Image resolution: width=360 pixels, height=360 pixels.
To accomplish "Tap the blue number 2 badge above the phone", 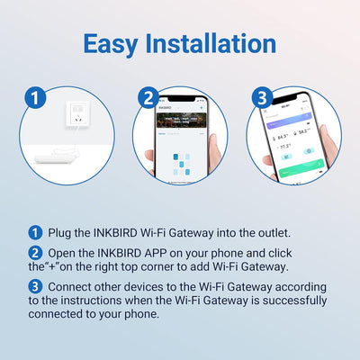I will (149, 97).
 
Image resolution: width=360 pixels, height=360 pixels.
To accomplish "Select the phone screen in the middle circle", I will (180, 144).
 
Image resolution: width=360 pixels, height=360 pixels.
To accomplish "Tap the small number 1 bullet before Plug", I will (35, 232).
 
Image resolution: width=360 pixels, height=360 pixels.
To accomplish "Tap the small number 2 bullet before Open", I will (35, 251).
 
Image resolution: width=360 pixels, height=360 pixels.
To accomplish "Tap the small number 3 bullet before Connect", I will (35, 285).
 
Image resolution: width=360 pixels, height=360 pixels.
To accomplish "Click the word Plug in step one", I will (61, 232).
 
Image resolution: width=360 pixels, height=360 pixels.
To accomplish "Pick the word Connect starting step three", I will (75, 285).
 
